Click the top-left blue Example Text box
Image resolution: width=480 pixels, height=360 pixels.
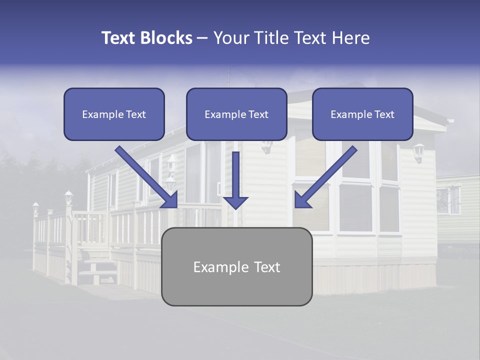coord(114,114)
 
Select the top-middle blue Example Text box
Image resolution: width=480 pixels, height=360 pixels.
coord(236,114)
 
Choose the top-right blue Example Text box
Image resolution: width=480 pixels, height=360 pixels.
coord(362,114)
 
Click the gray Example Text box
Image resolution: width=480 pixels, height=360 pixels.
coord(236,267)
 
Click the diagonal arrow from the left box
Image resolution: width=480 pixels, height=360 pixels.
coord(147,177)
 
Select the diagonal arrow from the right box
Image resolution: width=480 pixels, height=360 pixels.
coord(325,177)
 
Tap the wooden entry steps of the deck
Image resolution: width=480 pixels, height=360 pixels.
coord(97,270)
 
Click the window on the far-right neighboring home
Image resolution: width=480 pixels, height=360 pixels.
coord(448,200)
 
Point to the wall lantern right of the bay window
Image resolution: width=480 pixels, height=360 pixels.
coord(418,152)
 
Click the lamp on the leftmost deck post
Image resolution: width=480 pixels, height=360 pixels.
coord(35,207)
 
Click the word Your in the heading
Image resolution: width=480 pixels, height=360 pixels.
coord(231,38)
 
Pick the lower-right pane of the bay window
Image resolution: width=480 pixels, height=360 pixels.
coord(388,208)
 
